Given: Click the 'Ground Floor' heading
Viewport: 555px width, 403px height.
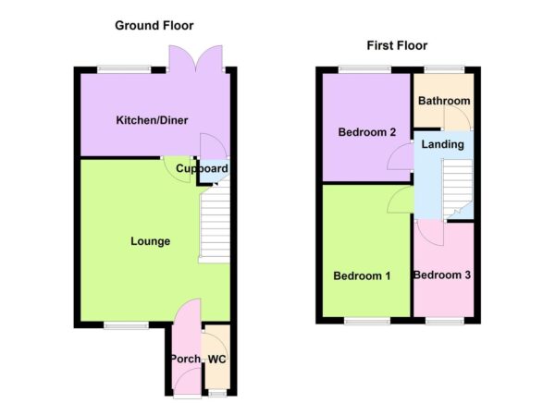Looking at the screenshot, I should (154, 26).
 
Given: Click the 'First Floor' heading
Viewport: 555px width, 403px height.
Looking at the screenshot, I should (397, 45).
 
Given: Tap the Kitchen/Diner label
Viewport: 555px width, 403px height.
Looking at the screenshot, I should (146, 121).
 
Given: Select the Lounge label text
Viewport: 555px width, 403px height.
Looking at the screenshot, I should (150, 242).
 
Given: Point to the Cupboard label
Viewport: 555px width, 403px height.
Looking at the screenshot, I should (203, 169).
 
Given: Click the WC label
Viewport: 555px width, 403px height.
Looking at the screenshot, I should (216, 359).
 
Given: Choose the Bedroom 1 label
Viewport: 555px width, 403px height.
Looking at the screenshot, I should (363, 275).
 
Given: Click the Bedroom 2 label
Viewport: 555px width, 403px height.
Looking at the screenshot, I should (366, 133).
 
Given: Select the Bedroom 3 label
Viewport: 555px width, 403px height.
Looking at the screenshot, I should (442, 275).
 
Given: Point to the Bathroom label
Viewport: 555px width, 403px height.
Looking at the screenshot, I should (444, 101).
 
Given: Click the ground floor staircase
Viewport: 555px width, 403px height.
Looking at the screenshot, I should (215, 222).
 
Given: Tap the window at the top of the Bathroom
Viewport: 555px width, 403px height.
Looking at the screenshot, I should (444, 68).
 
